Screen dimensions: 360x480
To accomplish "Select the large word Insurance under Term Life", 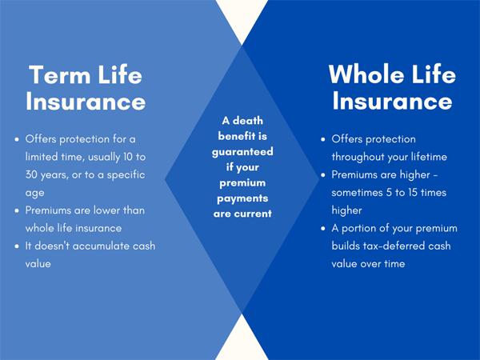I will pos(86,102).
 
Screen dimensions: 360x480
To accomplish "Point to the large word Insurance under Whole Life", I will pos(393,102).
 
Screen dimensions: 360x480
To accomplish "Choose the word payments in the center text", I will pos(242,198).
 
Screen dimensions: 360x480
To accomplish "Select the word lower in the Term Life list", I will pos(118,210).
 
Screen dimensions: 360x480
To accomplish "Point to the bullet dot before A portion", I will pos(322,229).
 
